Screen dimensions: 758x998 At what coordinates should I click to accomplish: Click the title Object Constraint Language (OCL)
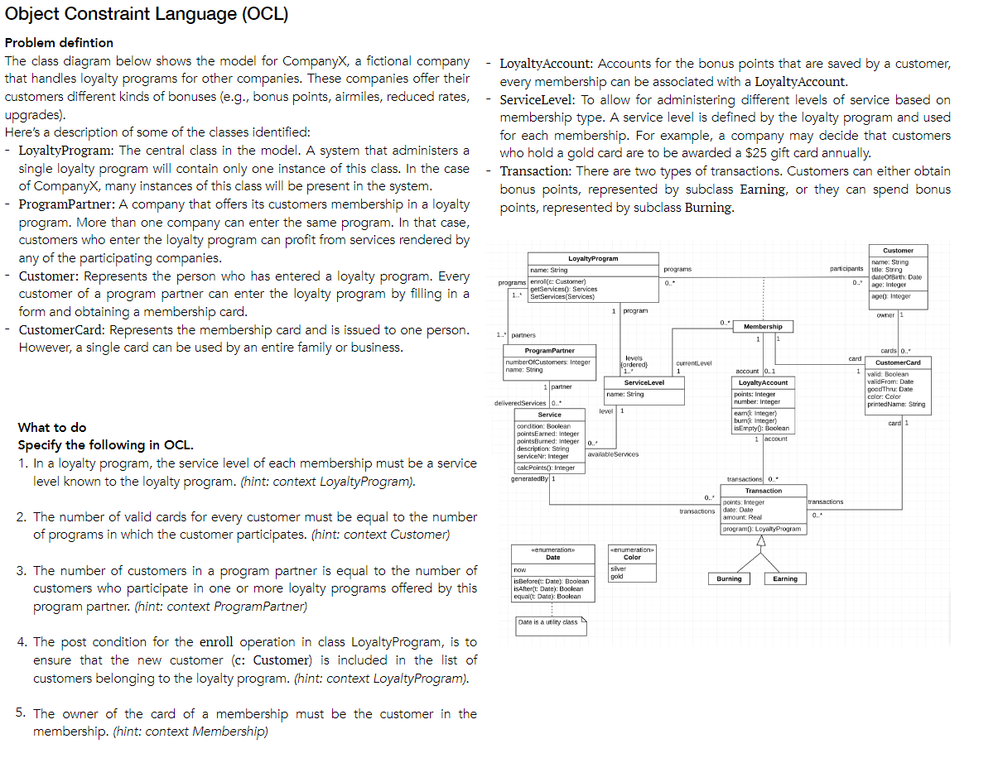click(147, 14)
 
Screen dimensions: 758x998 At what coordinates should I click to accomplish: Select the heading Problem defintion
click(59, 42)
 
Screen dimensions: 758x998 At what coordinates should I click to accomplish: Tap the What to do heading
click(51, 427)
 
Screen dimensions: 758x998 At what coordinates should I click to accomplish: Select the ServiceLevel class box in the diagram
click(644, 389)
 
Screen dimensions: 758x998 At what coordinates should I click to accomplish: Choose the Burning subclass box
click(729, 578)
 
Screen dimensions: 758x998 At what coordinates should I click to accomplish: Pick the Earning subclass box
click(784, 578)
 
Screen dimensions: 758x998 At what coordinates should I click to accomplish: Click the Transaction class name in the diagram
click(763, 491)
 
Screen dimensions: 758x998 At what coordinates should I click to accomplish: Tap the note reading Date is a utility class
click(551, 622)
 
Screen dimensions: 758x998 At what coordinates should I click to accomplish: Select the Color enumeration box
click(632, 566)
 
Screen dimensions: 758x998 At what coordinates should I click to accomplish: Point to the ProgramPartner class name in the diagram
click(550, 351)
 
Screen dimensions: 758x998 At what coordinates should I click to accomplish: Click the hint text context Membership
click(191, 731)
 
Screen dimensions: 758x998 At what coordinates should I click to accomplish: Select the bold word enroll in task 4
click(217, 642)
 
